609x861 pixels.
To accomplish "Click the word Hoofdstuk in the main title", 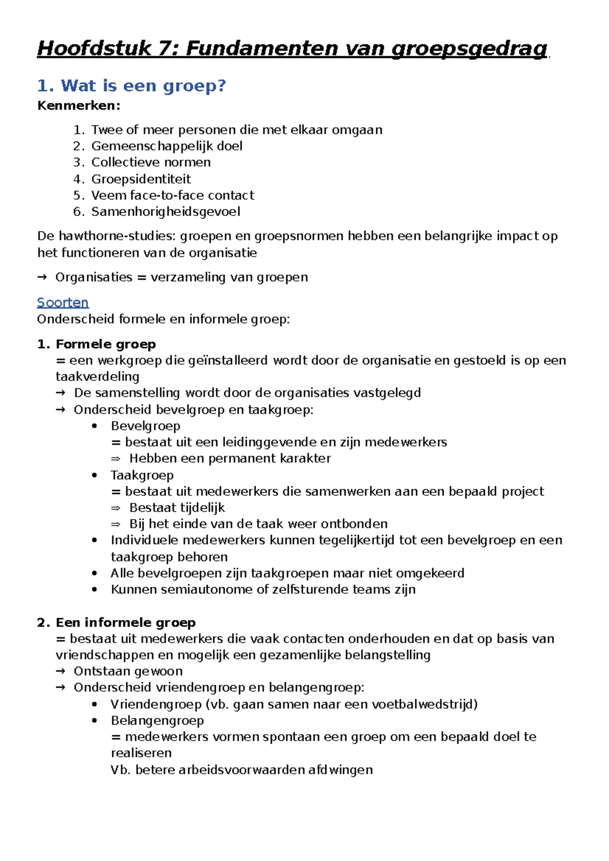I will (94, 49).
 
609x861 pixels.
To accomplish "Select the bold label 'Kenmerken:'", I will (79, 106).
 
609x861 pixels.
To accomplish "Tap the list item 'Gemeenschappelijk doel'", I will (166, 146).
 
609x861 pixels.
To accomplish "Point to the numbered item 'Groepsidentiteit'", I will (141, 179).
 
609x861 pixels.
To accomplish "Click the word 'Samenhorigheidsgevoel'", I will (165, 211).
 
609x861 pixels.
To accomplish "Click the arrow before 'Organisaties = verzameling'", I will (43, 277).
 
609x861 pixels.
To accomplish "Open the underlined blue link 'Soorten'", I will (62, 303).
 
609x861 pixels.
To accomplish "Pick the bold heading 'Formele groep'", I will (106, 344).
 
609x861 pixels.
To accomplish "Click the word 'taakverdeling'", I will (97, 377).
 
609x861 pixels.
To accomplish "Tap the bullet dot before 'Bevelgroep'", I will (94, 426).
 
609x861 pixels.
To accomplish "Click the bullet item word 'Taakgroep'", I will (142, 475).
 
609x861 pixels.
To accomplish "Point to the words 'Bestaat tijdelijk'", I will (177, 508).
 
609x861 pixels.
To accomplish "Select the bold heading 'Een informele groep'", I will (125, 622).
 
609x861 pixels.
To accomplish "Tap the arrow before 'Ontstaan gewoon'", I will (60, 671).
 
